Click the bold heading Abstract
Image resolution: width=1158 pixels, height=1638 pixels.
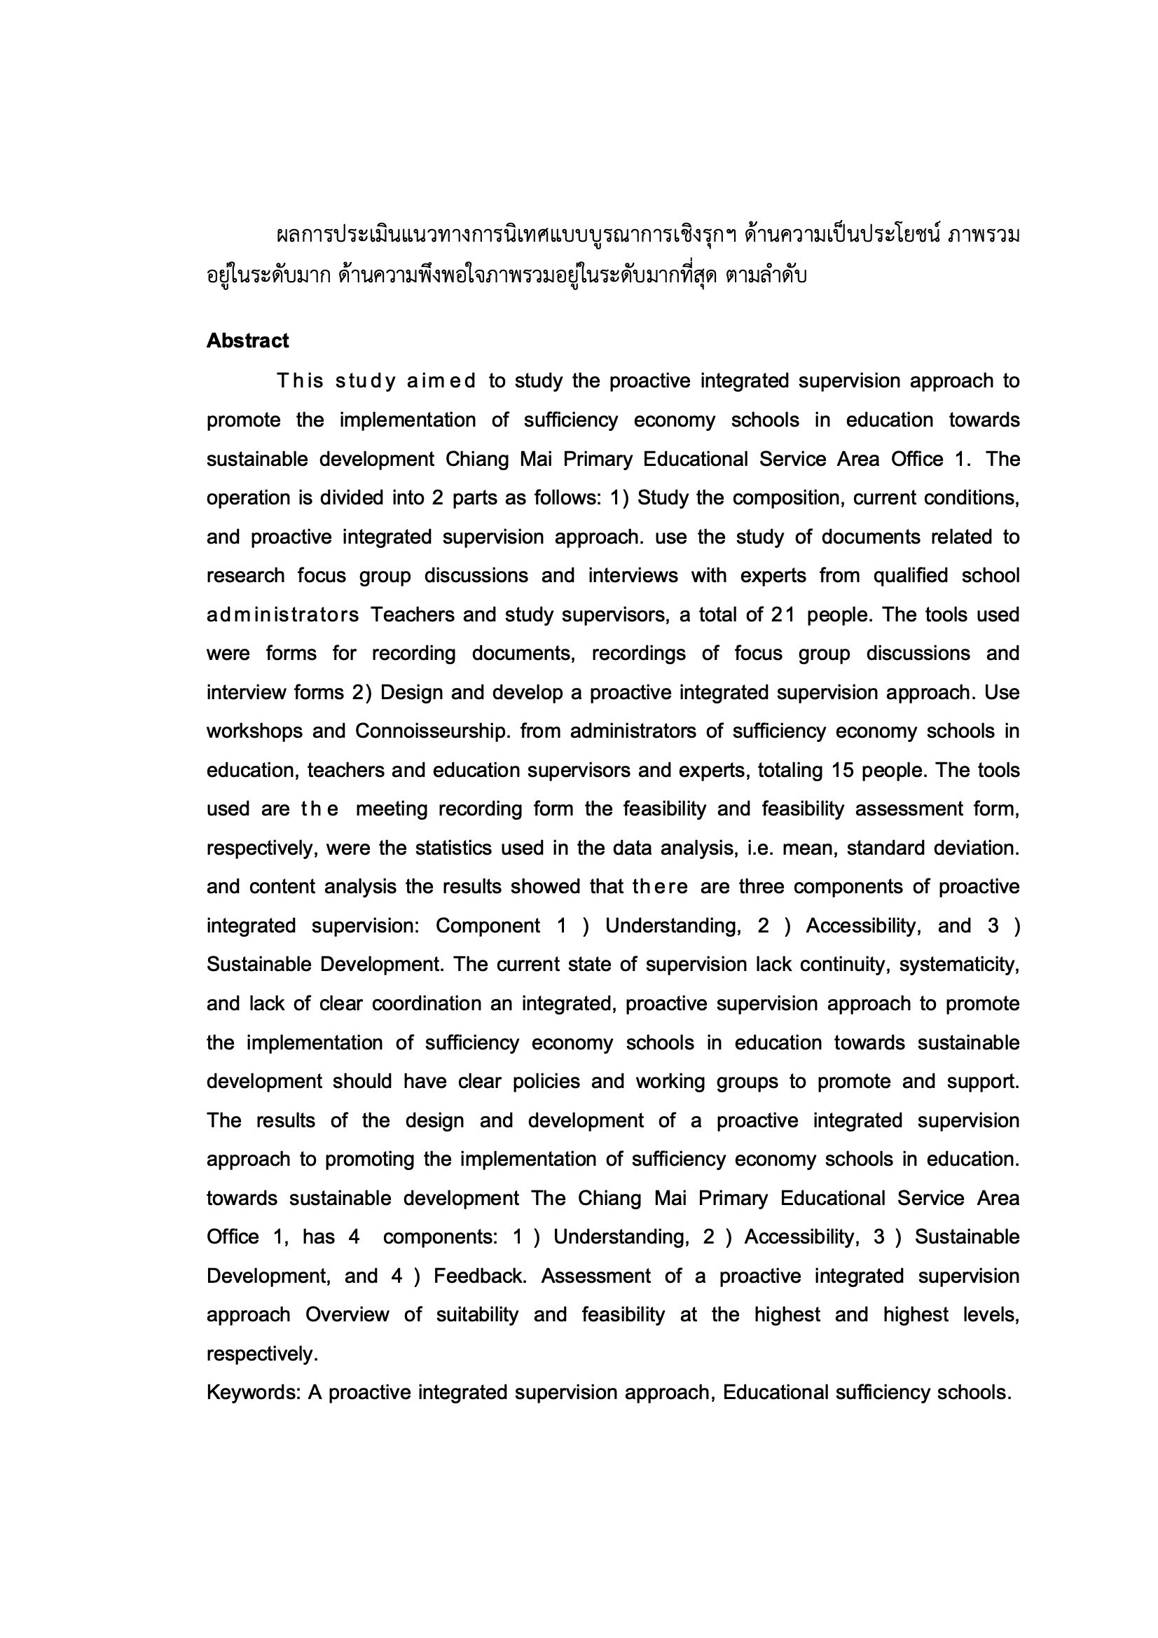coord(247,341)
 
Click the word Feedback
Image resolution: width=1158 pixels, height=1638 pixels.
coord(479,1276)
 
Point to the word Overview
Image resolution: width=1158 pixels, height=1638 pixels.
coord(347,1315)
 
